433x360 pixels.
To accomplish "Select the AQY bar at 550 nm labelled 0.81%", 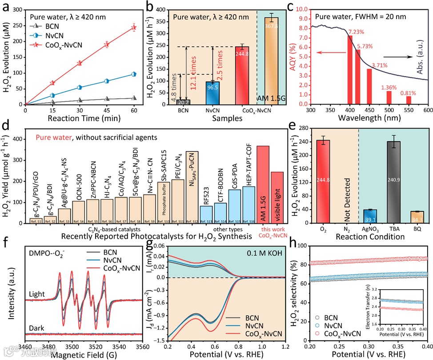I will click(x=409, y=100).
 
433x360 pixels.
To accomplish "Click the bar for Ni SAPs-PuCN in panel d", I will click(x=192, y=186).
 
